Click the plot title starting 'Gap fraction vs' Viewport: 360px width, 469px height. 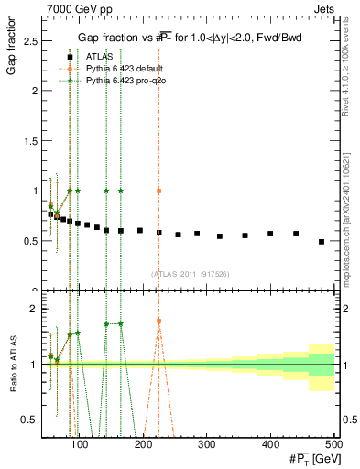pos(189,36)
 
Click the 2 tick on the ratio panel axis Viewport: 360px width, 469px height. pos(38,309)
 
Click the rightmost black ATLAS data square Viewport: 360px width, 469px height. pos(322,242)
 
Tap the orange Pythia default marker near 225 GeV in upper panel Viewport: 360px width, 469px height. pos(159,191)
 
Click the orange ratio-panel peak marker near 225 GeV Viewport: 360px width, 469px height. pos(159,322)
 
